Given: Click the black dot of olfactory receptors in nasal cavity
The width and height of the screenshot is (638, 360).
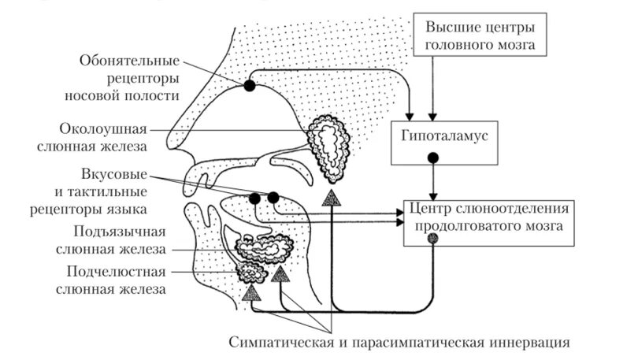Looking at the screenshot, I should click(250, 85).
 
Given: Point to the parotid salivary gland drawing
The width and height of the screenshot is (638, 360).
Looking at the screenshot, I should click(332, 146).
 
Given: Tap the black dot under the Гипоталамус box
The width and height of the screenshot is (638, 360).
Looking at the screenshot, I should click(432, 158).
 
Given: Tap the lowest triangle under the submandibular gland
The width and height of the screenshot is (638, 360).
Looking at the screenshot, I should click(250, 295).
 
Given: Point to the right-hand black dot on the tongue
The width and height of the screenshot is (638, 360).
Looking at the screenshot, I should click(273, 197).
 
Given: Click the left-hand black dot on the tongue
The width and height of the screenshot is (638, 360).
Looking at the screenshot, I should click(255, 198).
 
